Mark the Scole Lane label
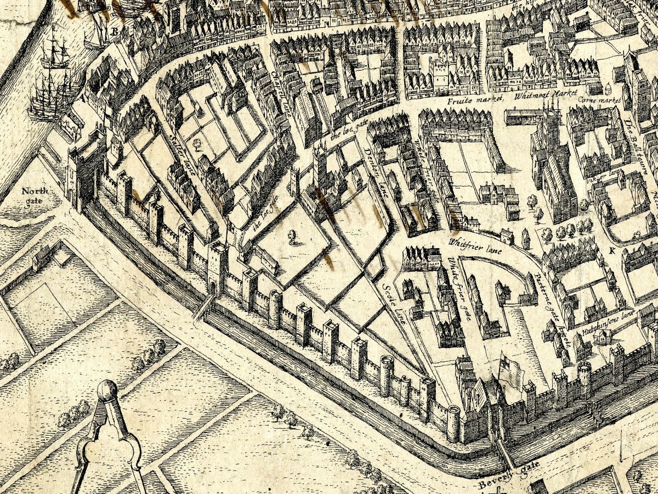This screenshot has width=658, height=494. click(393, 302)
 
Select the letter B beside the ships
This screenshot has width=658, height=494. click(115, 32)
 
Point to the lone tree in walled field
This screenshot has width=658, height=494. click(292, 236)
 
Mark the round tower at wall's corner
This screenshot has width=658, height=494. click(453, 423)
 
